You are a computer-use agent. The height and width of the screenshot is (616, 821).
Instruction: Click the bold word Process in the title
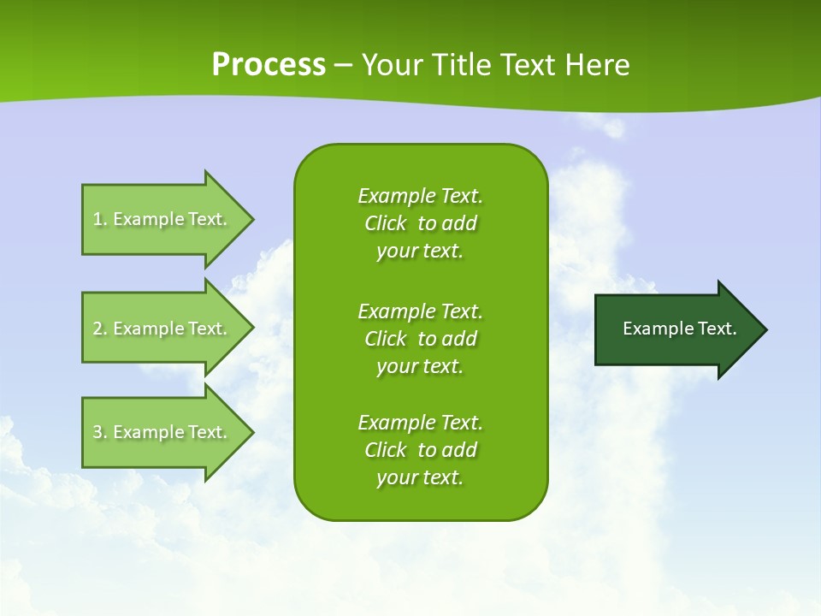click(x=269, y=65)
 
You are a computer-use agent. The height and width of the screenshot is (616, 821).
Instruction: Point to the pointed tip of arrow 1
click(x=251, y=219)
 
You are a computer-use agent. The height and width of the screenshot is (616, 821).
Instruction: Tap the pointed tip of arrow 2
click(x=251, y=329)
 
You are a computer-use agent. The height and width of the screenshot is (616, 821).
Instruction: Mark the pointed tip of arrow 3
click(x=251, y=432)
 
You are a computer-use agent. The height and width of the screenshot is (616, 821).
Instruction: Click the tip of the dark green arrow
click(x=765, y=329)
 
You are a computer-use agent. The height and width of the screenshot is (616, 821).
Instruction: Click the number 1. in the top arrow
click(x=99, y=219)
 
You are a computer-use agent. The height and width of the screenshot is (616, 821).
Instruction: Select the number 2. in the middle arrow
click(x=99, y=329)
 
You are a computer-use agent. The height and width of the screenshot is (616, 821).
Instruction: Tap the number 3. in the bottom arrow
click(x=99, y=432)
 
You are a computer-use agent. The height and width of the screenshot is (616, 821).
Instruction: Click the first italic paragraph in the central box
click(x=420, y=223)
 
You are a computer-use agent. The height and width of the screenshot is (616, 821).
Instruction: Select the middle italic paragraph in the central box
click(x=420, y=339)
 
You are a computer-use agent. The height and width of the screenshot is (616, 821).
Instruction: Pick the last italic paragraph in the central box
click(x=420, y=450)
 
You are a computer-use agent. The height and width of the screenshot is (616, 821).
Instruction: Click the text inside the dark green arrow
click(x=680, y=329)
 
